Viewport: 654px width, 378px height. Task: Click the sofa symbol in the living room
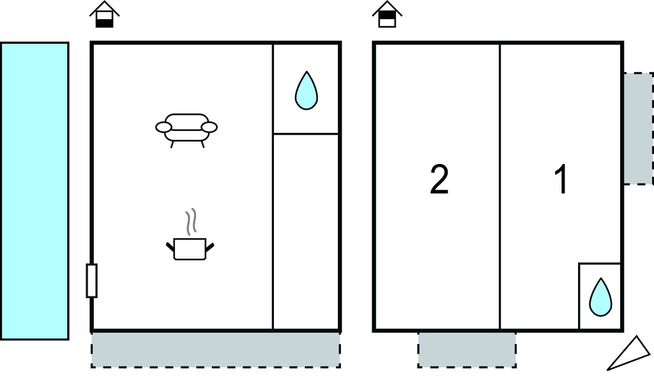tap(186, 127)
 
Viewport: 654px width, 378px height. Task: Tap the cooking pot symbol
tap(190, 248)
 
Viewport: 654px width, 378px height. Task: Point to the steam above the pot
tap(190, 222)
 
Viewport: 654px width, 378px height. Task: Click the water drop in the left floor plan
tap(306, 90)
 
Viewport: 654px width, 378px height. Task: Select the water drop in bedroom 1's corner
tap(600, 297)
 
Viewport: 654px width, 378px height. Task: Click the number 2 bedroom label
tap(439, 180)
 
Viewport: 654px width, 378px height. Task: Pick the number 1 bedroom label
tap(561, 180)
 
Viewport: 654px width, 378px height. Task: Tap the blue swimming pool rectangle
tap(34, 190)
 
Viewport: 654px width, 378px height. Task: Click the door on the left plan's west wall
tap(91, 280)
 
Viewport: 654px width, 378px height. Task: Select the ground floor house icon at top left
tap(105, 15)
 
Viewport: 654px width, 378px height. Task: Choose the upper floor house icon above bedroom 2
tap(387, 15)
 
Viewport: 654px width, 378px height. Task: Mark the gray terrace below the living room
tap(215, 349)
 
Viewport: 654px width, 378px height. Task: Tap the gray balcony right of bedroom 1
tap(637, 128)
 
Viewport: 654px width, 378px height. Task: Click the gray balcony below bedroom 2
tap(467, 349)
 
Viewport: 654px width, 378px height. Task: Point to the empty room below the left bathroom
tap(306, 231)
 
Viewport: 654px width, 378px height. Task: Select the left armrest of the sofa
tap(164, 127)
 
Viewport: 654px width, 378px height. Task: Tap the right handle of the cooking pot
tap(209, 245)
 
